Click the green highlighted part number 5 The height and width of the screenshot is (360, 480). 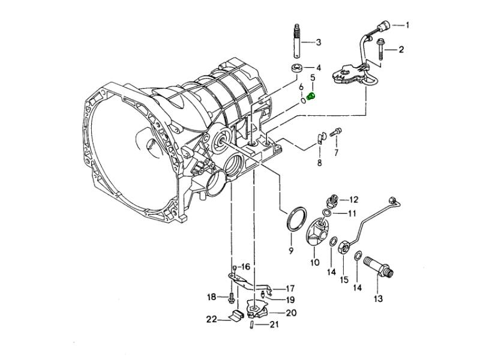click(311, 95)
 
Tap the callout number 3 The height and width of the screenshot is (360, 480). click(319, 42)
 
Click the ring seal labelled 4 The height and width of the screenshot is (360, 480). click(296, 67)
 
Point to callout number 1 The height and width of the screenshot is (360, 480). click(407, 25)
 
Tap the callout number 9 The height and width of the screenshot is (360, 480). click(290, 250)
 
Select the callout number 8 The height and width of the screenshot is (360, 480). click(319, 163)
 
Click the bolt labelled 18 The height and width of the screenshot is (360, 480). click(231, 297)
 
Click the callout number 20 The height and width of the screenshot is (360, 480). click(290, 312)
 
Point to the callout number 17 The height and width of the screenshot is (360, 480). click(289, 288)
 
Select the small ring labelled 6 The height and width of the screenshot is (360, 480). click(304, 100)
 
